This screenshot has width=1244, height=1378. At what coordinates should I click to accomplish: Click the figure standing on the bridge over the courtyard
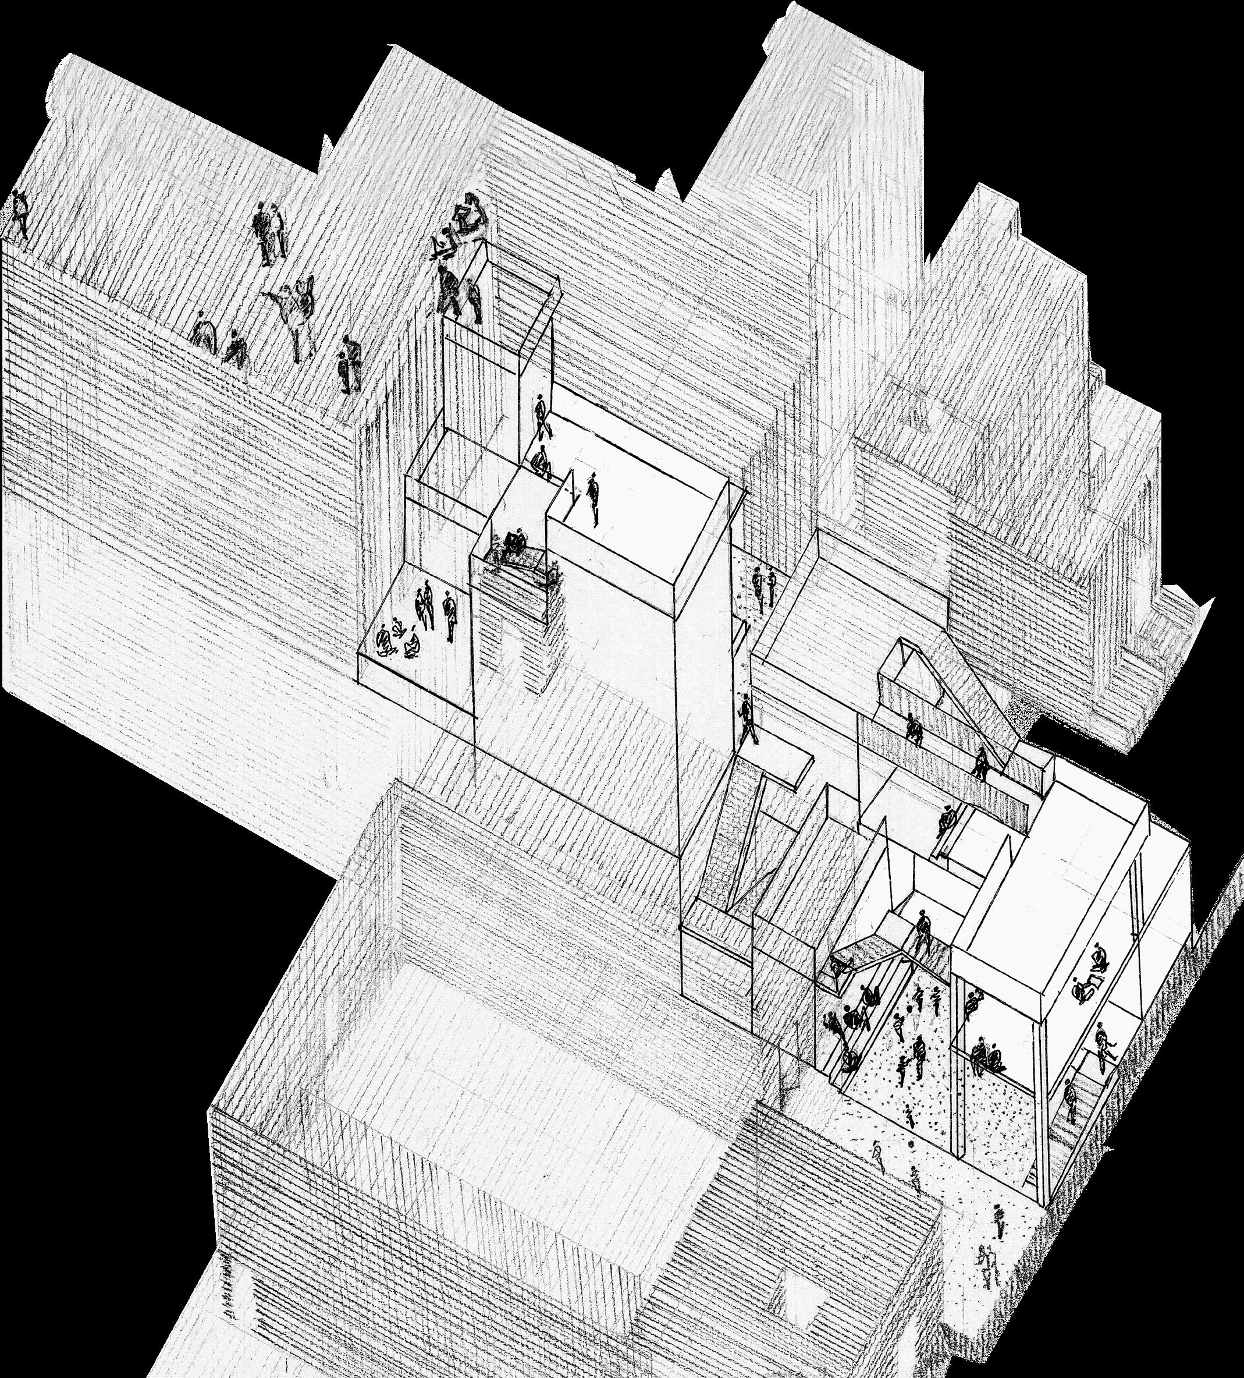[x=922, y=930]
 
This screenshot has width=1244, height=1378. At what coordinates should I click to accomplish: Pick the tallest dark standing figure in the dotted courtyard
[x=919, y=1056]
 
